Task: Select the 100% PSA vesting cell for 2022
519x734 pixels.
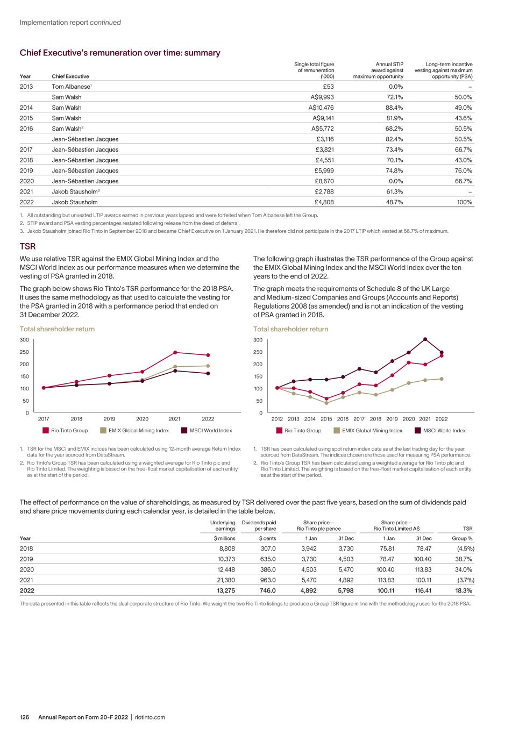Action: point(464,202)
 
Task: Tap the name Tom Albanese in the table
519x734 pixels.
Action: point(69,87)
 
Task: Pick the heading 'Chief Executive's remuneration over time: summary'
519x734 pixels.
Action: point(120,53)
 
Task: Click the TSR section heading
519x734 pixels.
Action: point(27,246)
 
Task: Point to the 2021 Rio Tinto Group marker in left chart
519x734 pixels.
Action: point(175,352)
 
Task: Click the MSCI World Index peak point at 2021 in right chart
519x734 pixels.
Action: point(425,339)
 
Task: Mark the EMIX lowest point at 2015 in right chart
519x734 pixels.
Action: point(326,403)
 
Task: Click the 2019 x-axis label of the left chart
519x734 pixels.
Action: point(109,419)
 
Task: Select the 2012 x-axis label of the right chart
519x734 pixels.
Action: point(277,419)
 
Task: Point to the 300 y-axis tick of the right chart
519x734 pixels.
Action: point(258,340)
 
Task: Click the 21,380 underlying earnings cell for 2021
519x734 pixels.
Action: point(225,580)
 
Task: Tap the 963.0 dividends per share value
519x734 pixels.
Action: point(267,580)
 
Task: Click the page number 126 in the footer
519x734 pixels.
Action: point(24,717)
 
